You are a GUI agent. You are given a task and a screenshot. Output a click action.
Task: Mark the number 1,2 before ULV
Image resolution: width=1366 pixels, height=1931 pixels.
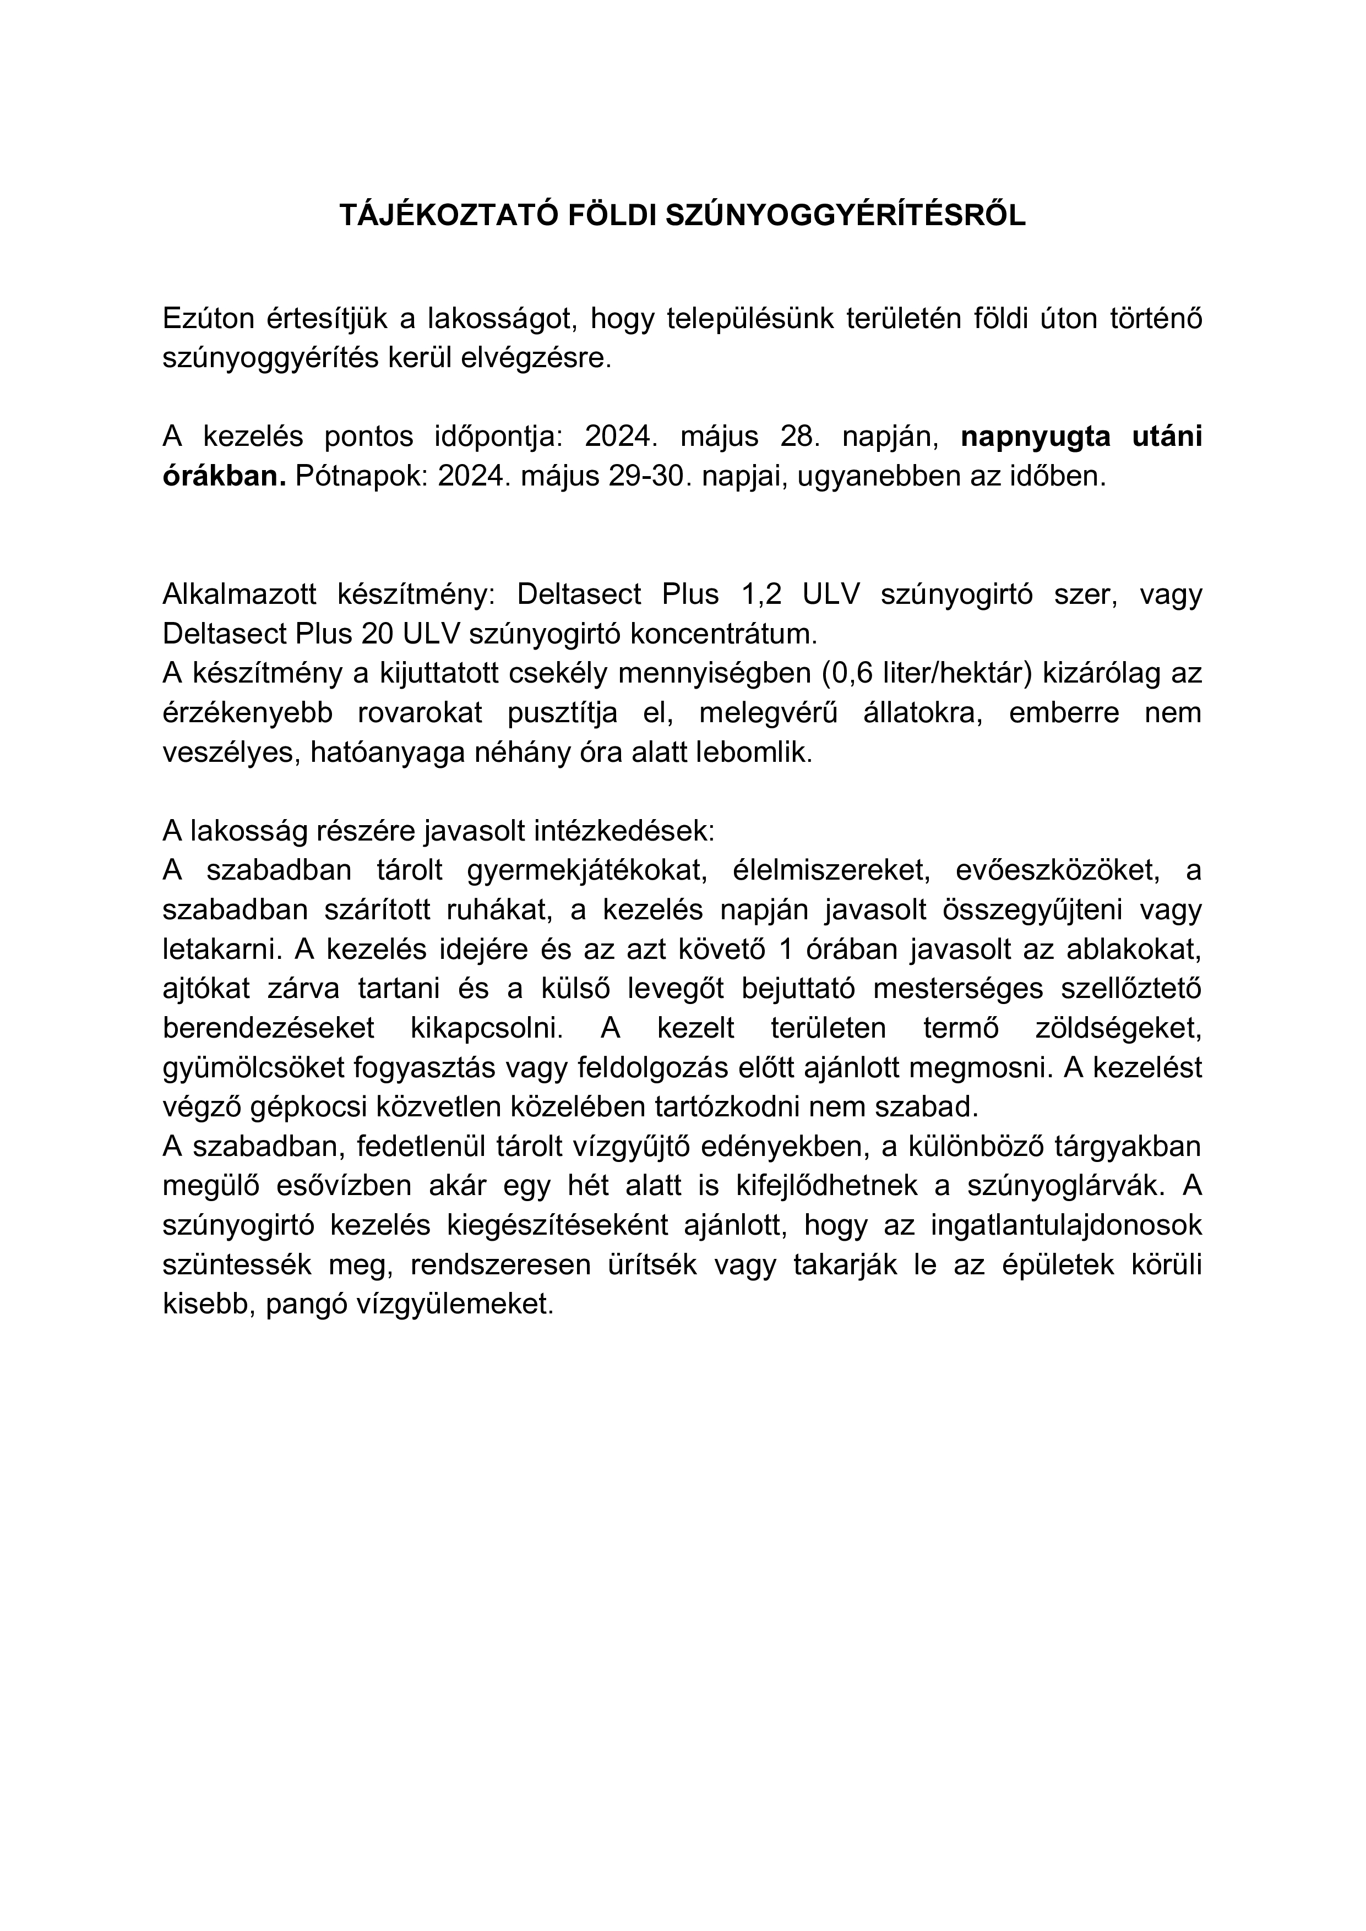pyautogui.click(x=761, y=594)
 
